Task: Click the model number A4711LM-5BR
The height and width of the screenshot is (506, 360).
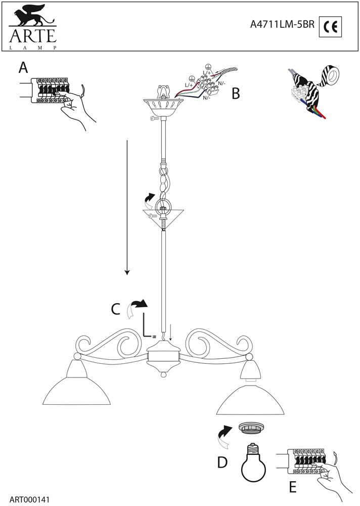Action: [x=282, y=25]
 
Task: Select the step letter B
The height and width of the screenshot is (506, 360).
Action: [x=235, y=94]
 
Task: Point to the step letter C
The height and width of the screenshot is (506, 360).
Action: [x=115, y=308]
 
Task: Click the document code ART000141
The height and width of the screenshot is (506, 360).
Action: [x=29, y=498]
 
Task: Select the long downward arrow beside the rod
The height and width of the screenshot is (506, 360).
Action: [x=127, y=207]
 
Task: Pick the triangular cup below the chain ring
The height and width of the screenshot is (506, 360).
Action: [x=163, y=218]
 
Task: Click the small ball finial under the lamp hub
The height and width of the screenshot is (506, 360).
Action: [x=163, y=375]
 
